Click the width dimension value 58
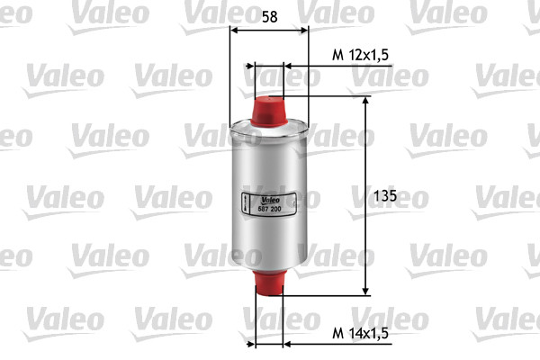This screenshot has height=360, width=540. coord(269,15)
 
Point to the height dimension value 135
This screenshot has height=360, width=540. coord(383,195)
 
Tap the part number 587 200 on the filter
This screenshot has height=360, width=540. coord(269,209)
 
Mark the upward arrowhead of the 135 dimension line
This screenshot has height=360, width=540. coord(365,101)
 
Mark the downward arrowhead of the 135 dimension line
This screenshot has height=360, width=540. coord(365,290)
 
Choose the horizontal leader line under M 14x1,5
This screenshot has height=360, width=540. coord(342,343)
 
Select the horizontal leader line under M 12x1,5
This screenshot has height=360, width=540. coord(342,66)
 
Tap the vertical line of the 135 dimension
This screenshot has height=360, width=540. coord(365,153)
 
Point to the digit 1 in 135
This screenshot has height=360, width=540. coord(374,195)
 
